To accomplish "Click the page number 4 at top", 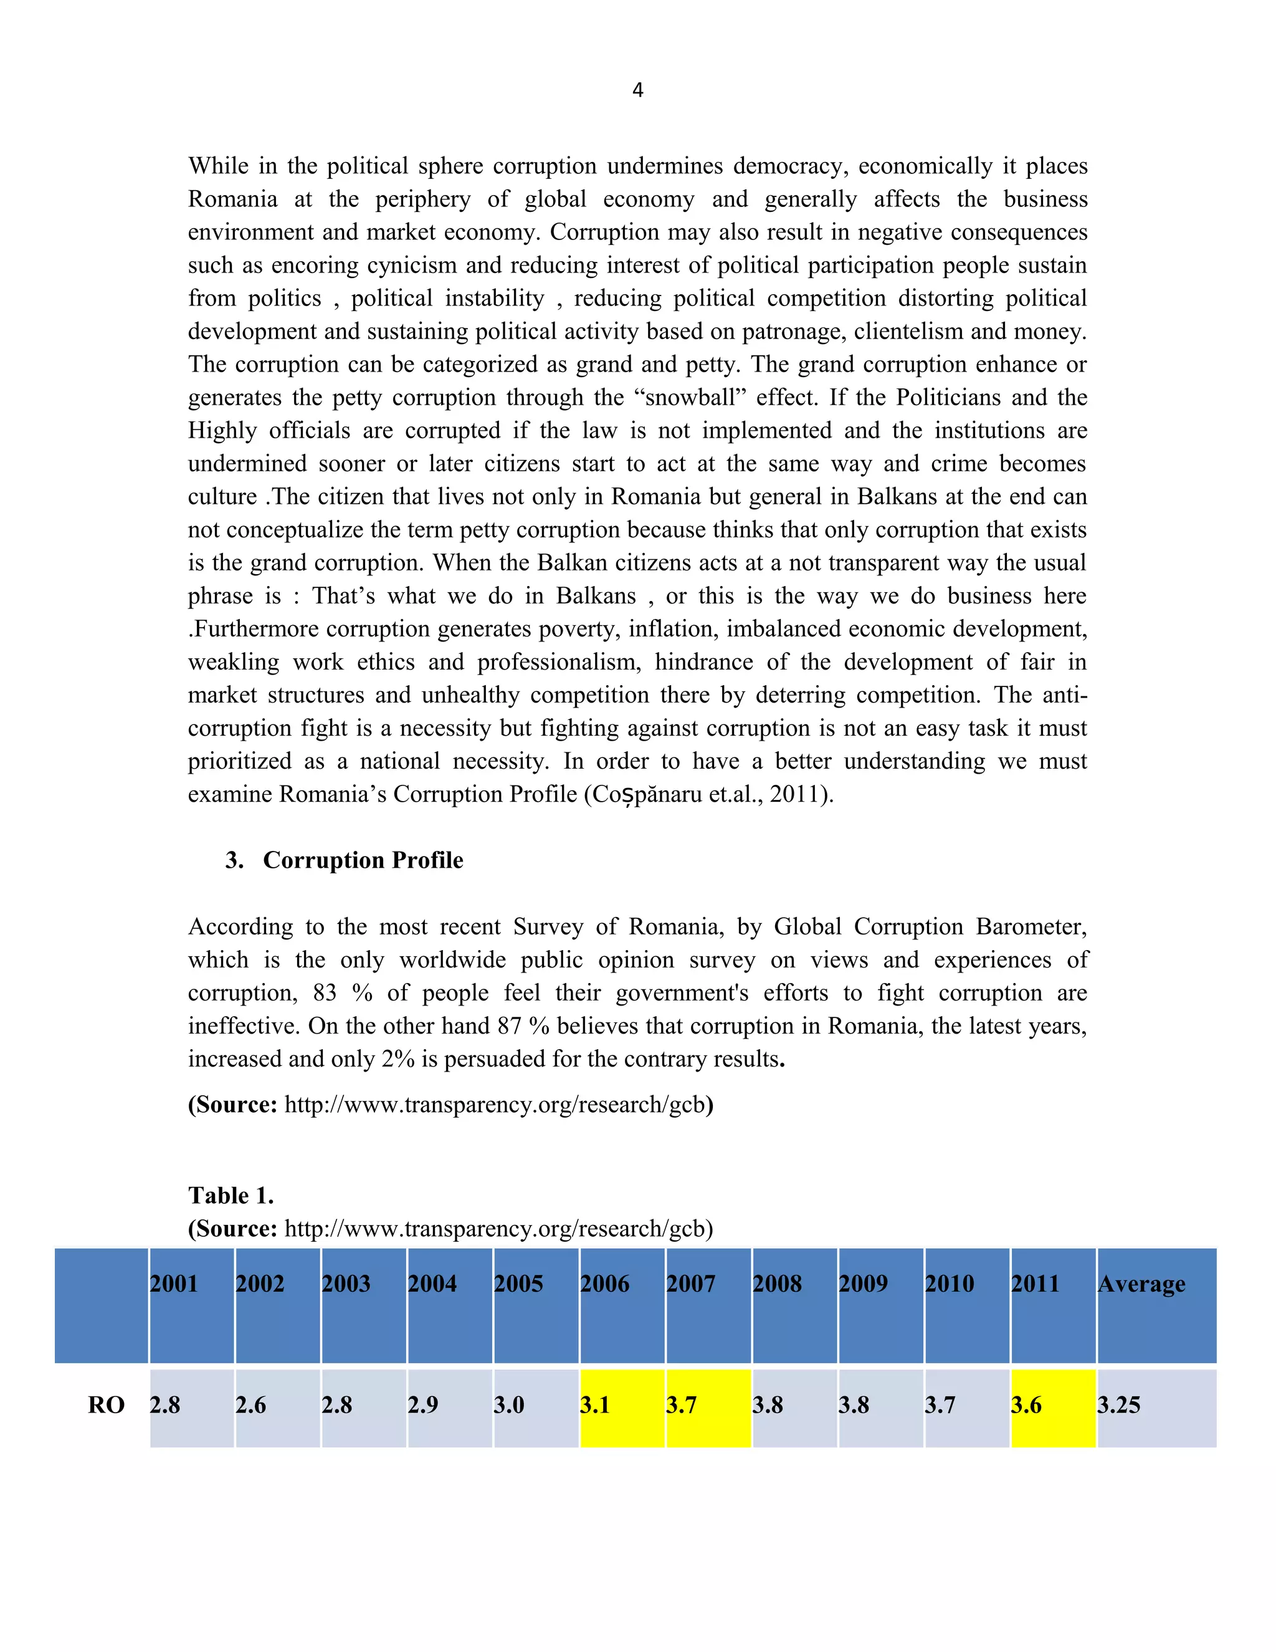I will click(637, 90).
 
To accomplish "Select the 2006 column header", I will click(605, 1284).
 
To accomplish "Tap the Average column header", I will click(1141, 1284).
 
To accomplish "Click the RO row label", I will click(106, 1405).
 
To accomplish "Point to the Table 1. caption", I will click(231, 1195).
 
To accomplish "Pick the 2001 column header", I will click(173, 1284).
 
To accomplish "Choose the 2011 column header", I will click(1035, 1284).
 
